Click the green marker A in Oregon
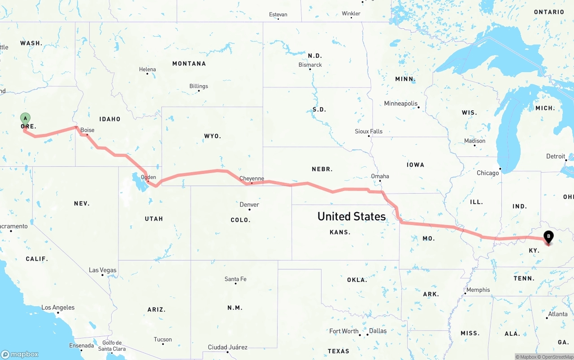26,119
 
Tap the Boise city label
87,130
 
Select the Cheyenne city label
252,178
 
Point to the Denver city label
249,204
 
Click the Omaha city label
380,176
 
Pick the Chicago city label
488,173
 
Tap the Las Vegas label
103,270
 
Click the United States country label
352,217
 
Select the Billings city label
199,86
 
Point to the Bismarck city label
310,65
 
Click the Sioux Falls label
369,131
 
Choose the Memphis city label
478,290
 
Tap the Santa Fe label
235,279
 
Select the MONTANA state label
189,64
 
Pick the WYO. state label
213,136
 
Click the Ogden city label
148,177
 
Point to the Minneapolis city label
401,104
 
